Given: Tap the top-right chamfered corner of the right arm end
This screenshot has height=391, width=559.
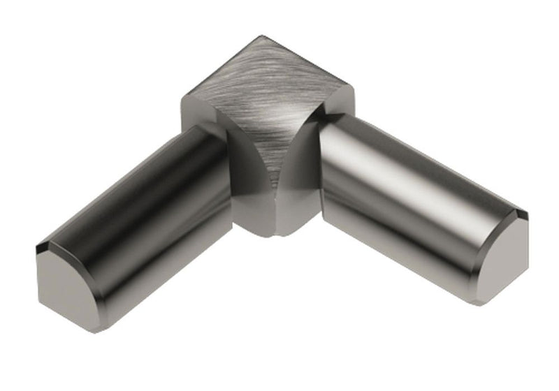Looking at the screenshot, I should click(x=521, y=214).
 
